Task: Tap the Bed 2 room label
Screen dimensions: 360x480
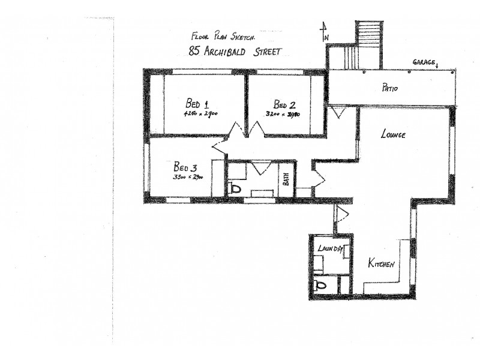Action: click(x=284, y=103)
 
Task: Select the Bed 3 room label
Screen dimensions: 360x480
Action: click(x=185, y=166)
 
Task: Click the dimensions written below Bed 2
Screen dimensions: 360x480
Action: click(x=283, y=113)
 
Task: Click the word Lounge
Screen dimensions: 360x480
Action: click(x=393, y=134)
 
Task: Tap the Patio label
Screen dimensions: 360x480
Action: click(x=391, y=89)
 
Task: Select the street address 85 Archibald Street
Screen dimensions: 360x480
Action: click(x=235, y=52)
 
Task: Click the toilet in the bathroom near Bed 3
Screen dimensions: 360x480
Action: click(x=236, y=189)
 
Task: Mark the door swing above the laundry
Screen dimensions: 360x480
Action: click(x=341, y=214)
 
